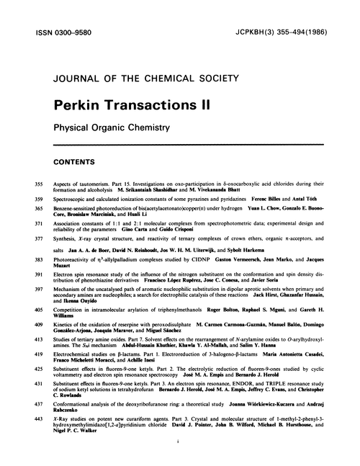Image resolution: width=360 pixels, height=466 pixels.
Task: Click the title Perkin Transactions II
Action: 130,104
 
